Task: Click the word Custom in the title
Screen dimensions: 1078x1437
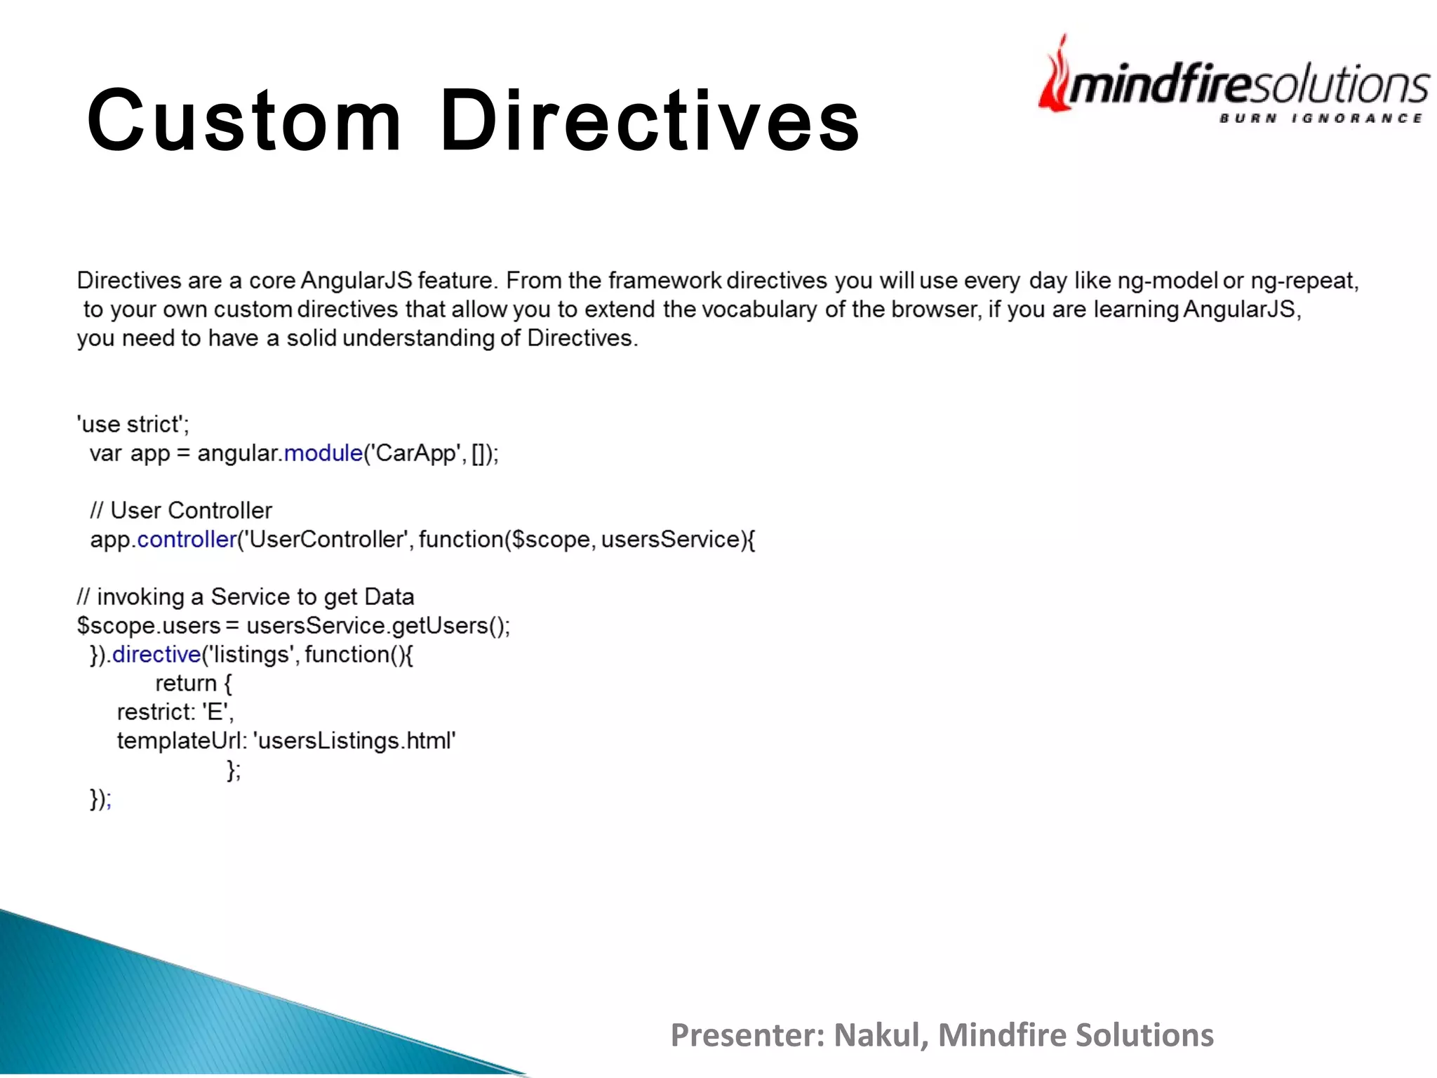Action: coord(244,120)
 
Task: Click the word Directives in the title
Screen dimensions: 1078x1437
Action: coord(649,120)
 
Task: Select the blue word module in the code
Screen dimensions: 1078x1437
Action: coord(323,453)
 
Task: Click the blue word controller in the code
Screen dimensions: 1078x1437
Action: coord(187,540)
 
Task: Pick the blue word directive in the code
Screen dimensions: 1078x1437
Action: coord(156,655)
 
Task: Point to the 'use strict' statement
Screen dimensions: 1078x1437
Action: coord(133,425)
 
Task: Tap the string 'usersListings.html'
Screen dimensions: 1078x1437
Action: coord(354,741)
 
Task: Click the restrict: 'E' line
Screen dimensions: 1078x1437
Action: coord(175,712)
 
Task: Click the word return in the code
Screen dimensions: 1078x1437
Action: coord(185,684)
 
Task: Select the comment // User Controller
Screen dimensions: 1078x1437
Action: coord(181,511)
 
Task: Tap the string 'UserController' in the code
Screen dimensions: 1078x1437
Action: coord(327,540)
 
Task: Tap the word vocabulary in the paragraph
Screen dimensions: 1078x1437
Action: coord(760,310)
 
